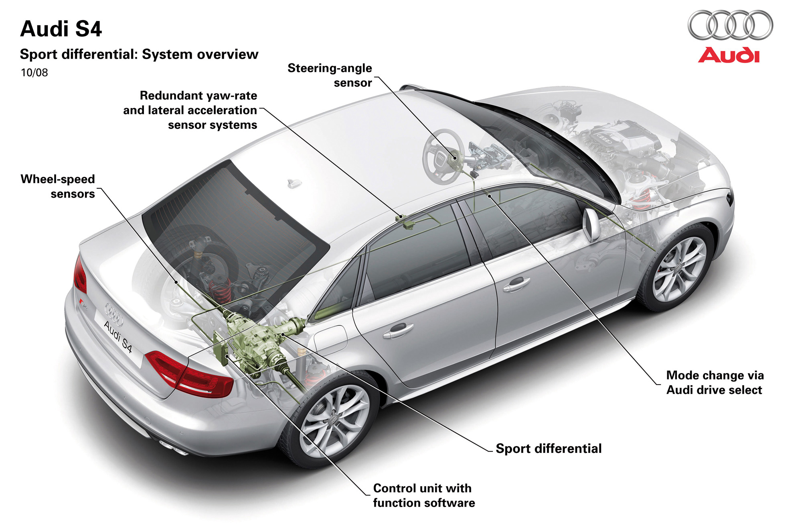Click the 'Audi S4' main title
61,29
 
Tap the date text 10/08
34,73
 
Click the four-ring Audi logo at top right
730,25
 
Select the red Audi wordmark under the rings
729,55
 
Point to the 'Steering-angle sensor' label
330,75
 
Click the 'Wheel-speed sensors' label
58,186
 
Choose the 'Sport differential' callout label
548,448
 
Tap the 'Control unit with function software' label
423,495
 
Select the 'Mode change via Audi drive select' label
715,382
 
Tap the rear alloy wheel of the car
334,422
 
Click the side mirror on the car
591,225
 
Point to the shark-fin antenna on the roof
294,183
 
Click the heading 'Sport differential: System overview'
139,54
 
